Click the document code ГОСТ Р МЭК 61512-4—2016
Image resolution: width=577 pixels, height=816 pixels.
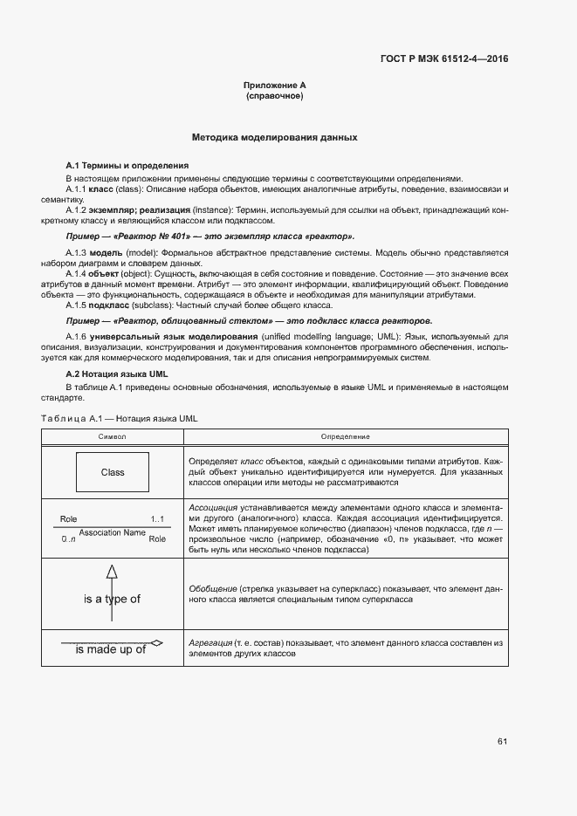pyautogui.click(x=444, y=59)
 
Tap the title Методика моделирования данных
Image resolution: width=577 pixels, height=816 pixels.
pyautogui.click(x=274, y=138)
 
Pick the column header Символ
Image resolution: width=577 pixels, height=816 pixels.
pyautogui.click(x=113, y=435)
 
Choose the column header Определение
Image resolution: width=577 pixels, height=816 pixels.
pyautogui.click(x=345, y=435)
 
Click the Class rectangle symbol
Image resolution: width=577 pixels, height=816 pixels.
pyautogui.click(x=113, y=472)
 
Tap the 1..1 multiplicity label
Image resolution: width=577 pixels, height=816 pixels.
pyautogui.click(x=157, y=520)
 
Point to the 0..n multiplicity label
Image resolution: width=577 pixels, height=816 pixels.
pyautogui.click(x=69, y=539)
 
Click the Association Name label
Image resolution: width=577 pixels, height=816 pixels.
pyautogui.click(x=112, y=532)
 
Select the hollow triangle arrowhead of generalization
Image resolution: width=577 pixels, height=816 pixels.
pyautogui.click(x=112, y=573)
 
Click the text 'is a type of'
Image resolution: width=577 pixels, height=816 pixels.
pyautogui.click(x=112, y=599)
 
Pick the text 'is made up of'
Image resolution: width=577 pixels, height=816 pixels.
pyautogui.click(x=110, y=650)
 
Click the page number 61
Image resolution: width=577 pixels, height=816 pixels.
pyautogui.click(x=502, y=742)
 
